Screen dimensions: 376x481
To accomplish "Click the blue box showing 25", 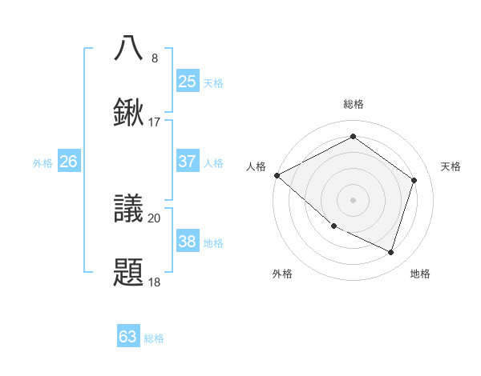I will tap(187, 82).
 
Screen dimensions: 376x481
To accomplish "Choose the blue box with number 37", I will tap(187, 162).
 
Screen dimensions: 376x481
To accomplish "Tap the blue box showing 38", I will tap(187, 242).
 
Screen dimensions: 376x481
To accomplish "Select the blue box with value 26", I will tap(68, 162).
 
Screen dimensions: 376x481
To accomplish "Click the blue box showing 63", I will tap(128, 337).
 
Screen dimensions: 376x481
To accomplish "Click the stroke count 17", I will tap(155, 122).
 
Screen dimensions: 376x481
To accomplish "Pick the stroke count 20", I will tap(155, 218).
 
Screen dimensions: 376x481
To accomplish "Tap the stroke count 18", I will tap(155, 282).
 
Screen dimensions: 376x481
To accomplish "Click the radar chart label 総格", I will tap(353, 104).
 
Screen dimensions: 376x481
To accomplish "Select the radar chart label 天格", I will tap(451, 166).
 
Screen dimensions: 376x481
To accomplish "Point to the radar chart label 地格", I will tap(420, 274).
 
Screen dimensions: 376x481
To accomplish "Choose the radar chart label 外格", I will tap(282, 274).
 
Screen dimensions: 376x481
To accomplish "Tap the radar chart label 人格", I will tap(256, 166).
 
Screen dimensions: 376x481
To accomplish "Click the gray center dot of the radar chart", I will tap(353, 199).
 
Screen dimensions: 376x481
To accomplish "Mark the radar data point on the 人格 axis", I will tap(277, 175).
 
